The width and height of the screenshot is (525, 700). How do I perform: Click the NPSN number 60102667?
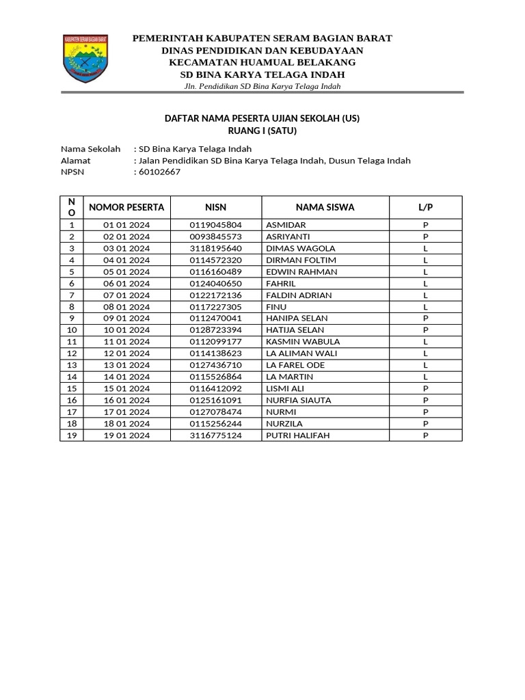point(159,172)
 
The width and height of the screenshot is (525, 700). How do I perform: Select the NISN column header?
point(216,207)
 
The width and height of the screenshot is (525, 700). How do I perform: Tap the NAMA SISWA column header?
point(325,207)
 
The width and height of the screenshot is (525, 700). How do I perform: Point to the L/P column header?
point(425,207)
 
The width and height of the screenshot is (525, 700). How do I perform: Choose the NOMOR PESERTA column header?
point(126,207)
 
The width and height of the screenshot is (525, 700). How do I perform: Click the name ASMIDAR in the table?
point(286,225)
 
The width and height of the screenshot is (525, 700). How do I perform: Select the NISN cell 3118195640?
point(216,248)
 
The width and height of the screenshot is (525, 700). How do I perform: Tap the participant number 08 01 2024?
point(126,307)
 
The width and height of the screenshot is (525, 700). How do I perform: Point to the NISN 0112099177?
point(216,342)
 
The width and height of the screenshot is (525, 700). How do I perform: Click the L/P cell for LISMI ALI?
point(425,388)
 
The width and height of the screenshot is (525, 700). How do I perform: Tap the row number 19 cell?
point(72,435)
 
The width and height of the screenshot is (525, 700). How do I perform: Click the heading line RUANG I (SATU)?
point(262,131)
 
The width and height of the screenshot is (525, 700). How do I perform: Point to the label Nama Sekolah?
point(91,149)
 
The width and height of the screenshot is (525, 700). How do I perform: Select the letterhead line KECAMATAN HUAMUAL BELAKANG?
point(262,62)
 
